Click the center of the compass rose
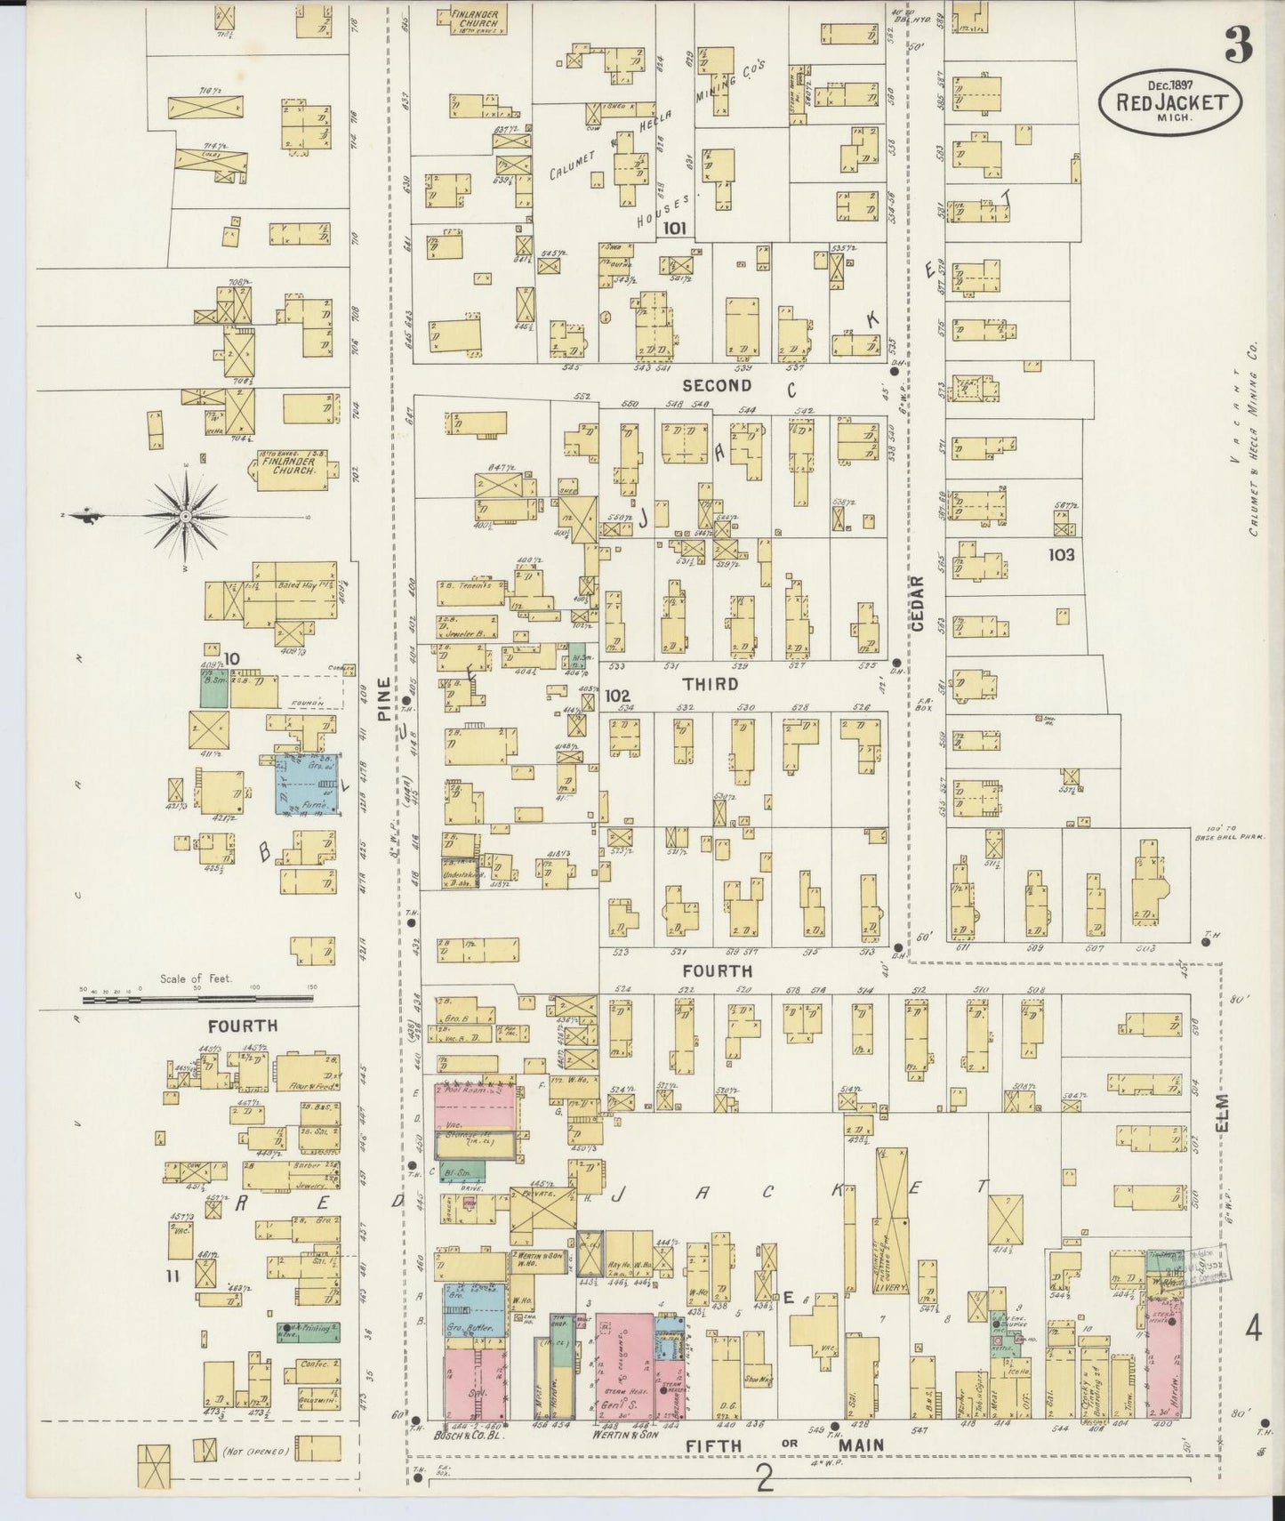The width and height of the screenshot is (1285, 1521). [x=184, y=516]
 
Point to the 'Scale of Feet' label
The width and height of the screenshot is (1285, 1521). [x=196, y=978]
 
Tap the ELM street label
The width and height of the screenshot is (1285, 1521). [x=1222, y=1112]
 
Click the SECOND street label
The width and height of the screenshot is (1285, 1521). [x=718, y=385]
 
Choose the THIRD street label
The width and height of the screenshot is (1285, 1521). [x=711, y=683]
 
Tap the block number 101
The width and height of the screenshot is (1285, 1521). [x=674, y=229]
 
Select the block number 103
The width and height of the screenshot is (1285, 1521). [x=1061, y=554]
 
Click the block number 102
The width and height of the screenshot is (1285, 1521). [x=616, y=696]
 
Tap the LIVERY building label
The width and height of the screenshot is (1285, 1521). [x=890, y=1287]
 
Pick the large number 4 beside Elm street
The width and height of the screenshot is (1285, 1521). [x=1253, y=1331]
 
